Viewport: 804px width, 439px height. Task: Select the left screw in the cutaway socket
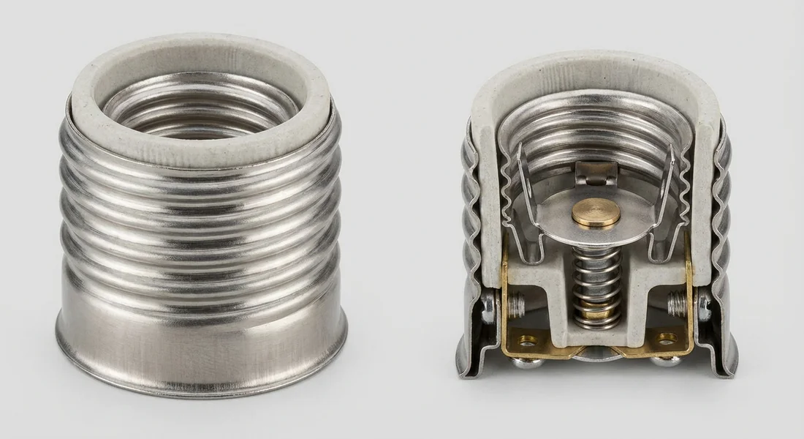click(x=516, y=302)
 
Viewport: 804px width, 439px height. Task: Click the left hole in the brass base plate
click(x=527, y=338)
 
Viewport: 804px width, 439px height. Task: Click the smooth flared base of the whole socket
click(x=201, y=344)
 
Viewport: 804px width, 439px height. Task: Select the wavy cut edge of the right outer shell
click(x=721, y=219)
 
